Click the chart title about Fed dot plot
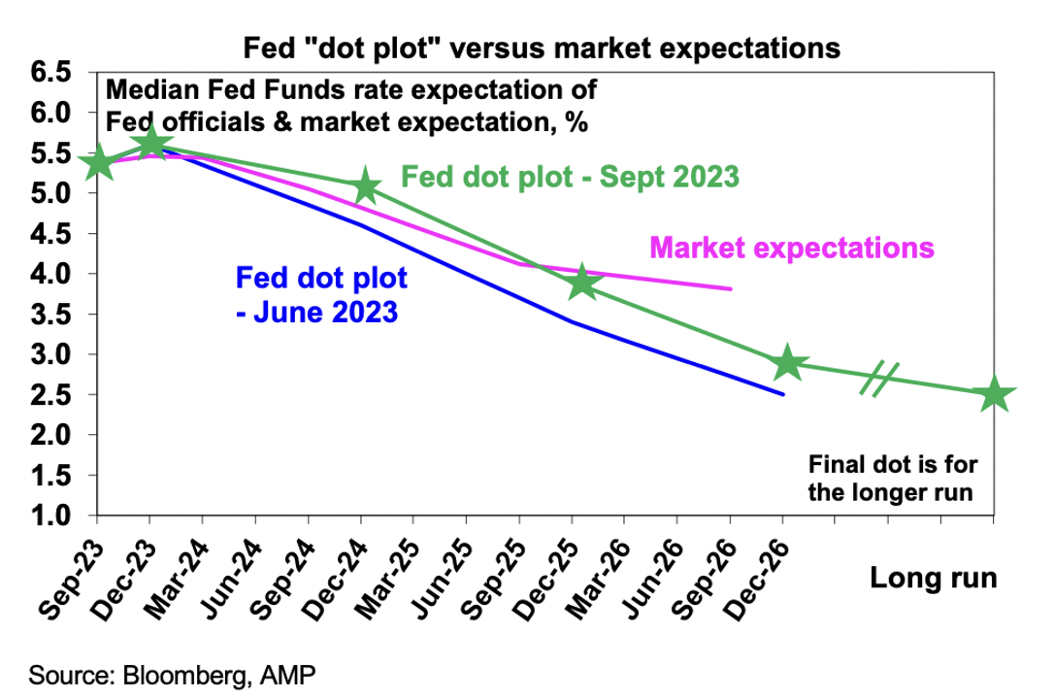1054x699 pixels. click(527, 47)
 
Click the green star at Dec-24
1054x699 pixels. click(365, 186)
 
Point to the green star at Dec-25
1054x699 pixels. click(581, 283)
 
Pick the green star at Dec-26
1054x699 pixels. click(787, 364)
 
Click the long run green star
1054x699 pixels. click(993, 395)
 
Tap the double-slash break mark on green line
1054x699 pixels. click(879, 379)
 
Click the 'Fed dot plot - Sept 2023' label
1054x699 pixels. click(571, 177)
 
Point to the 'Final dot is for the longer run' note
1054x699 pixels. click(890, 480)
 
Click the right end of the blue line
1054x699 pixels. click(782, 394)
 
